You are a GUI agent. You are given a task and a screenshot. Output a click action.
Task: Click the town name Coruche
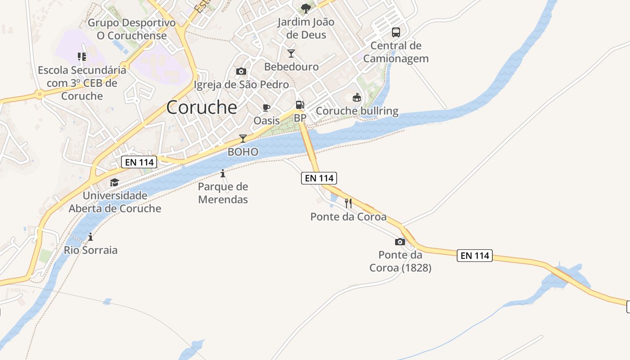tap(202, 107)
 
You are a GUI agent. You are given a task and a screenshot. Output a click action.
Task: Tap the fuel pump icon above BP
tap(300, 105)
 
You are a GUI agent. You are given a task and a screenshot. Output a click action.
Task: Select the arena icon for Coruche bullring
tap(357, 97)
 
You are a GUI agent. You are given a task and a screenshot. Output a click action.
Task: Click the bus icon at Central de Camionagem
tap(396, 32)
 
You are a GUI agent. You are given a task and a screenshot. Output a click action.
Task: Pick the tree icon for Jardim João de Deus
tap(306, 8)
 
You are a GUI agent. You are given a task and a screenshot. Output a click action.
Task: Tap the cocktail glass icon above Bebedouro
tap(291, 54)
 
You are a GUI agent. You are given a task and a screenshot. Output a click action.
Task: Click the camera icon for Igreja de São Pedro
tap(241, 71)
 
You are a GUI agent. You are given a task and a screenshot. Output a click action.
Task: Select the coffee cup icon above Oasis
tap(266, 108)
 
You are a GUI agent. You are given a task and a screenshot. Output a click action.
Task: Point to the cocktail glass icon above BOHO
tap(243, 138)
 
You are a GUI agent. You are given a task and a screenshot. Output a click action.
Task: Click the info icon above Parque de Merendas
tap(223, 173)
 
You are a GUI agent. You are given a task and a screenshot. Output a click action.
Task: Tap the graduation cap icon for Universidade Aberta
tap(114, 182)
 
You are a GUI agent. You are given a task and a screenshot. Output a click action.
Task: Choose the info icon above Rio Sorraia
tap(90, 237)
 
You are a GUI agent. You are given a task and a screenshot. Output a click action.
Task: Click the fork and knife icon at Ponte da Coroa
tap(348, 203)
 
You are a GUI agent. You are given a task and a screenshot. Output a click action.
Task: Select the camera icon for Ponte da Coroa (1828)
tap(400, 242)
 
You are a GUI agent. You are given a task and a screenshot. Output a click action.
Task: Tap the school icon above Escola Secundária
tap(82, 57)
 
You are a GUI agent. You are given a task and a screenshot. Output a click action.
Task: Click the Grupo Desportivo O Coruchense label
tap(132, 29)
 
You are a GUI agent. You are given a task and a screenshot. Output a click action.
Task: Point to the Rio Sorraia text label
tap(90, 250)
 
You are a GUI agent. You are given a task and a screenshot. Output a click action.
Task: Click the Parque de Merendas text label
tap(223, 193)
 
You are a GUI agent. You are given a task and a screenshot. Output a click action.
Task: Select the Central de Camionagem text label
tap(396, 52)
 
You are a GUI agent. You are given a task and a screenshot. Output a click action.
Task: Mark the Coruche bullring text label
tap(357, 111)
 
